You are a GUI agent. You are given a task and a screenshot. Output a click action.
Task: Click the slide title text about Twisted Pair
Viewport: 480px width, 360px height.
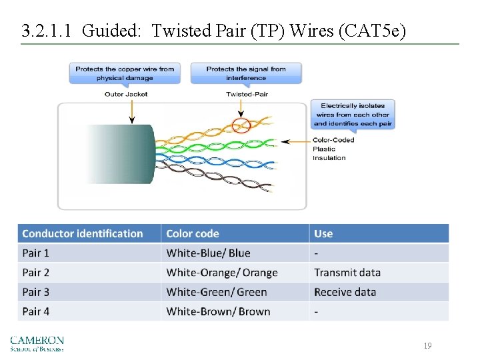point(213,31)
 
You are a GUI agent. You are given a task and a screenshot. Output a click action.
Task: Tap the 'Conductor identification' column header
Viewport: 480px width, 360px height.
point(83,233)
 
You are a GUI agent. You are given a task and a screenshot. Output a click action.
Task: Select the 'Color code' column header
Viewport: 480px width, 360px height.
point(193,233)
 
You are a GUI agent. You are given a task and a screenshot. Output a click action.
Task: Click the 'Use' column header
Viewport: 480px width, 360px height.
point(323,233)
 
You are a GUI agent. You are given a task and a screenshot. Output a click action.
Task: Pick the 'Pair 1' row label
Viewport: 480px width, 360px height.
point(36,253)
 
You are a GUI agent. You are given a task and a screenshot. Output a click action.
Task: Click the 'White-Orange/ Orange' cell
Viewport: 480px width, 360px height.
point(221,273)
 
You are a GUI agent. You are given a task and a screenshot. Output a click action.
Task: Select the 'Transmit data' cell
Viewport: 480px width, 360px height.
point(347,273)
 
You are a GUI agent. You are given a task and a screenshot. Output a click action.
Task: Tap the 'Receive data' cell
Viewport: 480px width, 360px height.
point(345,292)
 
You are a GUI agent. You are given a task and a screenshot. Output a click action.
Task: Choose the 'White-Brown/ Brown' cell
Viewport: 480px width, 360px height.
point(218,311)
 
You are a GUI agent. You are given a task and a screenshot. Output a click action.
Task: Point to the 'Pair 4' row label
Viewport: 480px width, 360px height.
point(36,311)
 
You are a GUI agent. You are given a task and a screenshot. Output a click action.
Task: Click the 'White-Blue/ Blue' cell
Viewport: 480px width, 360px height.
point(208,253)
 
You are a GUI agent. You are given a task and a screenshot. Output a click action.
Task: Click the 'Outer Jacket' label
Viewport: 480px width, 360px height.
point(126,94)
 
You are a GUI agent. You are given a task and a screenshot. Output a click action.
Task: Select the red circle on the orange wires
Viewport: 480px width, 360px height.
point(241,124)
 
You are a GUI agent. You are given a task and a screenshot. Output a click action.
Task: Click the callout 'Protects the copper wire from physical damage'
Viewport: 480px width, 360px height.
point(125,73)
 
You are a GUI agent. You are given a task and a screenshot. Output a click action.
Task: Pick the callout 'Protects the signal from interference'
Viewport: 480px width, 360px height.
point(246,73)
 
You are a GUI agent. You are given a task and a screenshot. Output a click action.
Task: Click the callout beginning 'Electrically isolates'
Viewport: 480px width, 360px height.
point(353,114)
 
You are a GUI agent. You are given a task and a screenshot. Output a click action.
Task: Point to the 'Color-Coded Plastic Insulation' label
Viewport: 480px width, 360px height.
point(333,149)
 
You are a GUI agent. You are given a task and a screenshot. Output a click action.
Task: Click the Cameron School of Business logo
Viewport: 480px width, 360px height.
point(37,343)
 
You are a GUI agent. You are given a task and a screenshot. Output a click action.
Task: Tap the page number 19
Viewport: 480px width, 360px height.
point(427,345)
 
